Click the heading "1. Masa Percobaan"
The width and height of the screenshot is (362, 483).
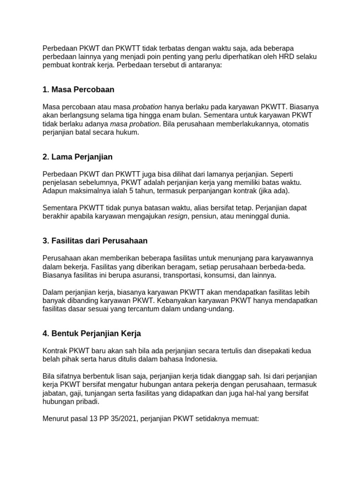[78, 90]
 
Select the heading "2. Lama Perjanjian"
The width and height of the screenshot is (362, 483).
[77, 157]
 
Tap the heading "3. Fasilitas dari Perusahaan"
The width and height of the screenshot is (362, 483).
[95, 241]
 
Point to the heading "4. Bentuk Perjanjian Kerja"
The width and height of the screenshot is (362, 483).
[91, 333]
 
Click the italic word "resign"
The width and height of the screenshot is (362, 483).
[178, 217]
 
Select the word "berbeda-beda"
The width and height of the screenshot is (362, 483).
[284, 266]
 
